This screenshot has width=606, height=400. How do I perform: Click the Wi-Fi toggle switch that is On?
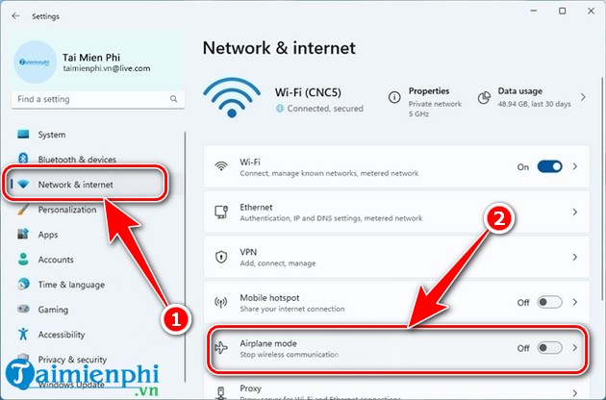point(549,166)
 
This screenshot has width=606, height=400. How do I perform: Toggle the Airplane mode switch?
point(549,348)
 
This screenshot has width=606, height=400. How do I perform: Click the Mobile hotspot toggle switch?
point(549,302)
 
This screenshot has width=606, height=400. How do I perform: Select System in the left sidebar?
point(52,135)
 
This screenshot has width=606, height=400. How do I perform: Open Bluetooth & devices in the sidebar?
point(77,160)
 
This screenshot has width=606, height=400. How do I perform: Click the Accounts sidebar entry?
point(56,260)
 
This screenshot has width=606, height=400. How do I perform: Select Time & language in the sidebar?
point(71,285)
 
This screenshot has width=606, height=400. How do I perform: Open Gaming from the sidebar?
point(54,310)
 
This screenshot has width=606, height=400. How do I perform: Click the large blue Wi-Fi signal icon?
point(233,99)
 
